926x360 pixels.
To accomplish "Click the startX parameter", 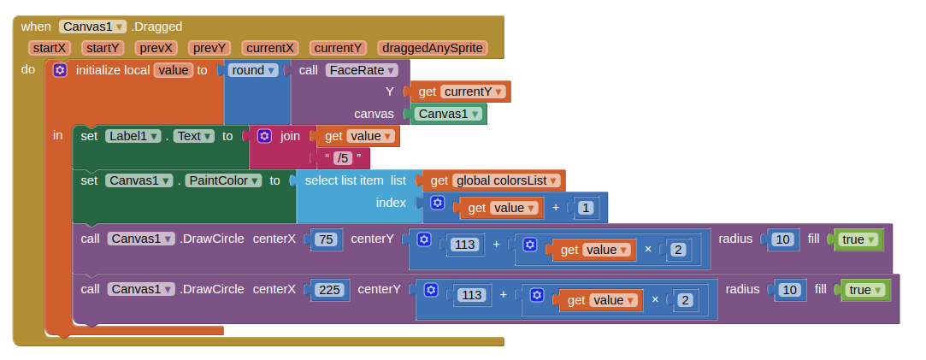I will pos(50,48).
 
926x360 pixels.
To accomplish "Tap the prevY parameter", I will pos(209,48).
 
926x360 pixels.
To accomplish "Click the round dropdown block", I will pos(254,70).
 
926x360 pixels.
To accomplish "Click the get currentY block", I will pos(460,91).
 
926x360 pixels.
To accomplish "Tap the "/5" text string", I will pos(343,157).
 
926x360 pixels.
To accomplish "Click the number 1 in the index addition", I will pos(586,207).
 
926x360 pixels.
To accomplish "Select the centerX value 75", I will pos(325,239).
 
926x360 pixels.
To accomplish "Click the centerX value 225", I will pos(328,290).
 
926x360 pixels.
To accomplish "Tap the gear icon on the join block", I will pos(264,135).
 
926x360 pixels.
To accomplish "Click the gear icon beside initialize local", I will pos(59,70).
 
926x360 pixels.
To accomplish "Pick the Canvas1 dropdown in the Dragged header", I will pos(93,27).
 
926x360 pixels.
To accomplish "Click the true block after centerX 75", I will pos(857,239).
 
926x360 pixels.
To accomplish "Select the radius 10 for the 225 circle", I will pos(790,290).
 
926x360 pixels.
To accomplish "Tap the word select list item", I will pos(345,180).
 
